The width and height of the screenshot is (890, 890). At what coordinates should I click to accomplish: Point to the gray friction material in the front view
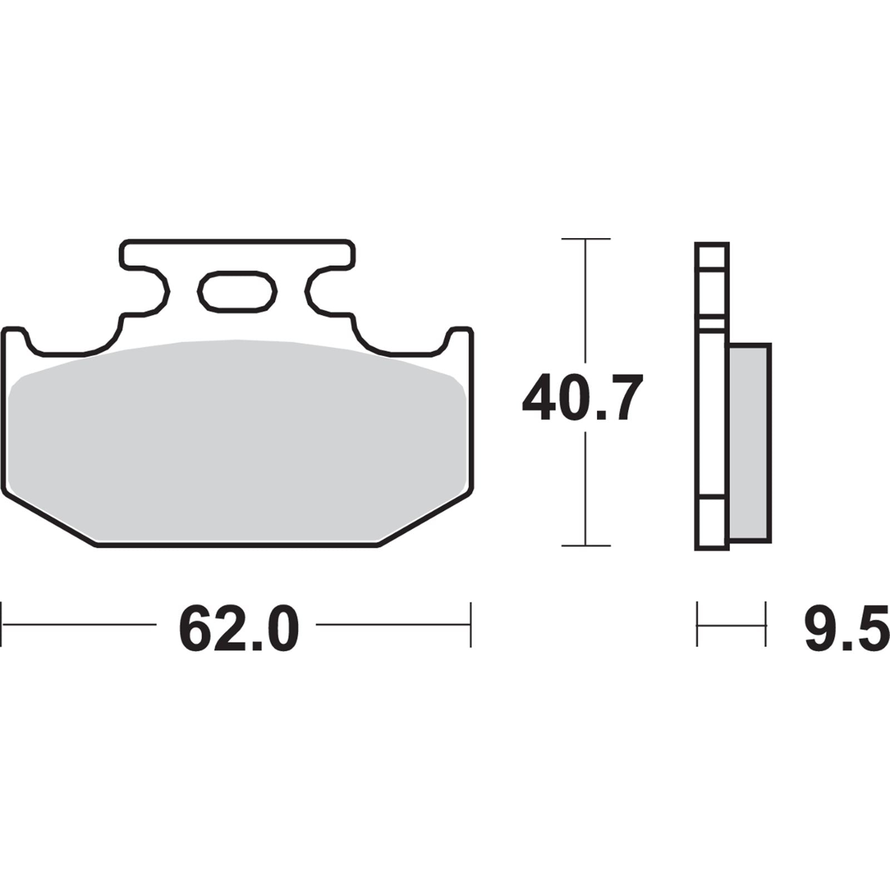coord(236,439)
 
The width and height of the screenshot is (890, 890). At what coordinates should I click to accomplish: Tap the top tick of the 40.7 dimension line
coord(585,239)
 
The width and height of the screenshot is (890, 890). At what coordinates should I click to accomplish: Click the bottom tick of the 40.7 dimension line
coord(585,546)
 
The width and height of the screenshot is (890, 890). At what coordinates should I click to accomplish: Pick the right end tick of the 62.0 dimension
coord(471,624)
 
